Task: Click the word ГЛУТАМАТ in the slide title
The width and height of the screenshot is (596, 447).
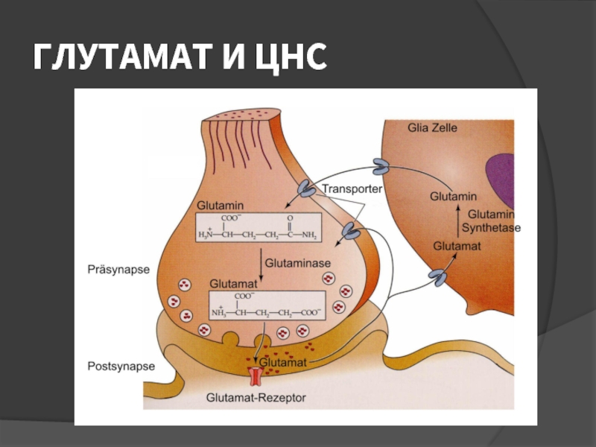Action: [121, 57]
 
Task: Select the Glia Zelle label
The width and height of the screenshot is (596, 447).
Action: [432, 127]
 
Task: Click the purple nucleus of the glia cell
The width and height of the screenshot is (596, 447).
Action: [501, 180]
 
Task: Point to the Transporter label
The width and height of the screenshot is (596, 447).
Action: [352, 188]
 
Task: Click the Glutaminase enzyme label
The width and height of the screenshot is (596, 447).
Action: [297, 263]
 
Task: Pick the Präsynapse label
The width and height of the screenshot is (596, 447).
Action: [118, 270]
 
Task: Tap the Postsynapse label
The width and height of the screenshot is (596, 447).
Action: [121, 366]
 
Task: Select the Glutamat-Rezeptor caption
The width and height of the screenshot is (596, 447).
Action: [256, 398]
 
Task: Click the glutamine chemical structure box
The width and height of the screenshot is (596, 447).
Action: [259, 227]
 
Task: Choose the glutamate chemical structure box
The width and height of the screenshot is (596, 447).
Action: [267, 305]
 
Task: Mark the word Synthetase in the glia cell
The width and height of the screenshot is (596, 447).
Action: [491, 228]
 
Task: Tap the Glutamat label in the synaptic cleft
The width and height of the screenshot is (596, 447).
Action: [283, 362]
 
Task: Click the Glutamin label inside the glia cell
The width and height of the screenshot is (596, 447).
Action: [453, 197]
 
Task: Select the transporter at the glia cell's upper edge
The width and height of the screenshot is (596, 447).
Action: [381, 167]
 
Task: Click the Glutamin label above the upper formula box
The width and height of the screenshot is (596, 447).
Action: [220, 206]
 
